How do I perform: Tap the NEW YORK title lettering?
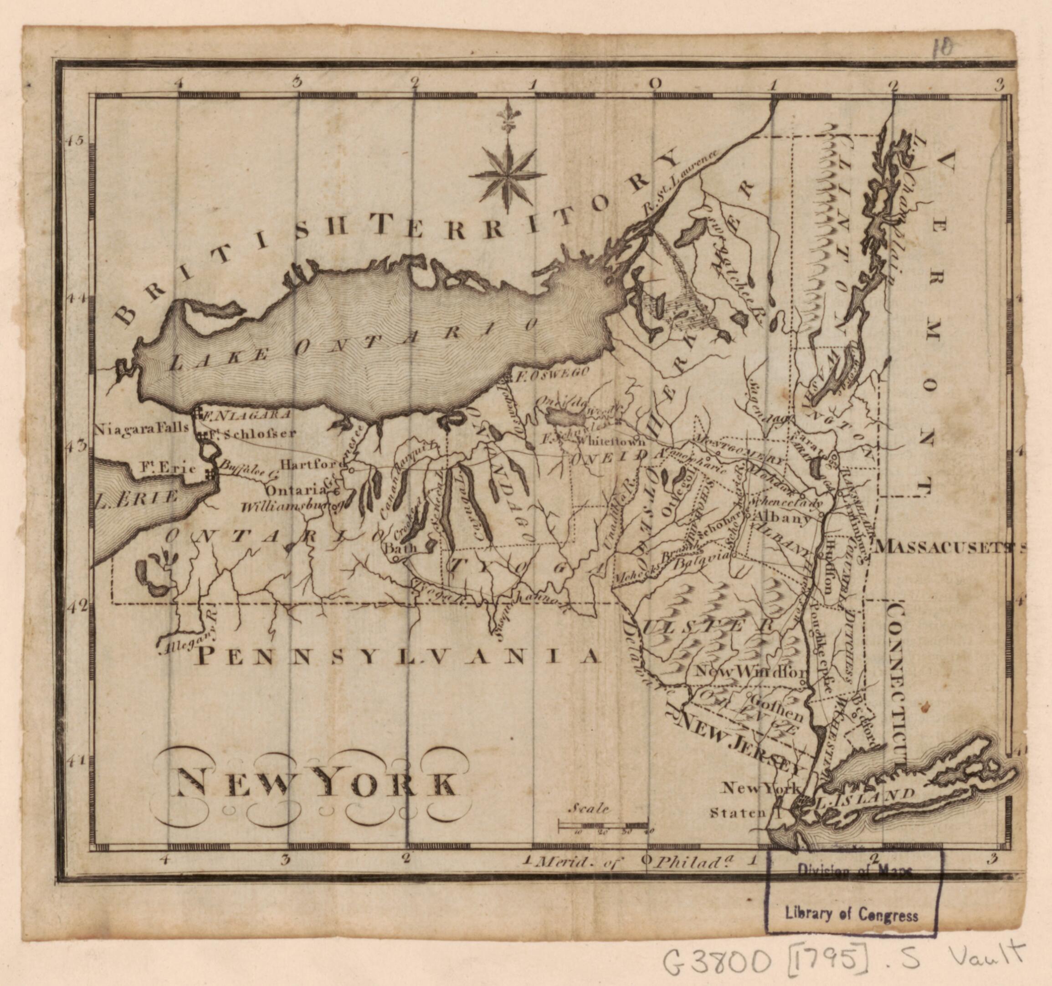click(316, 783)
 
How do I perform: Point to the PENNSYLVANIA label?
click(398, 656)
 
